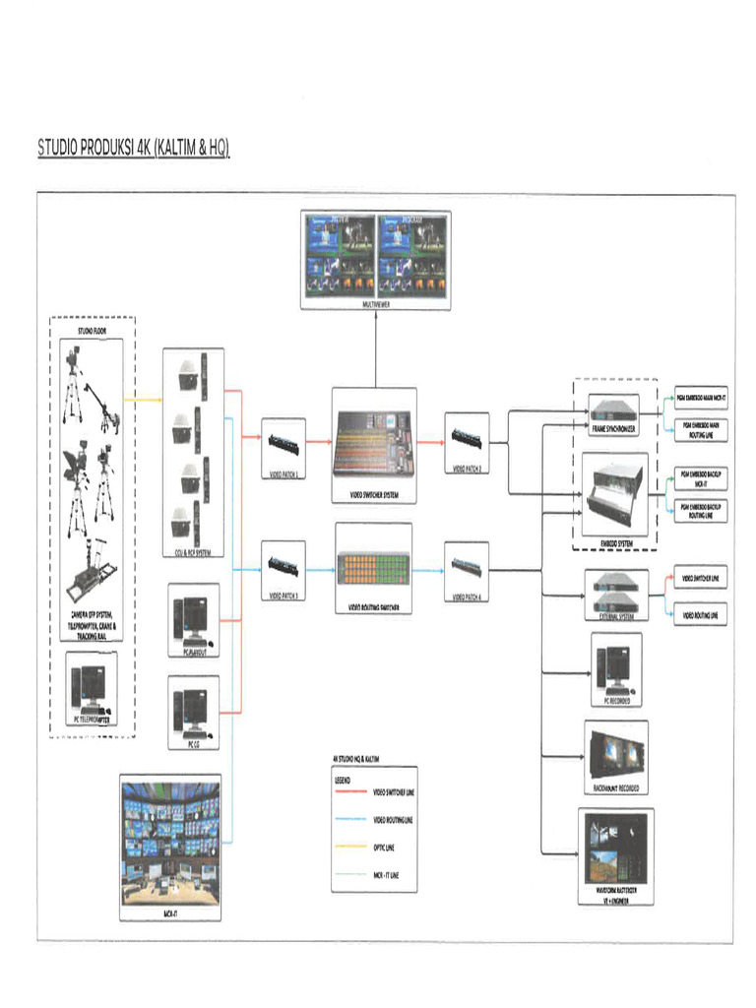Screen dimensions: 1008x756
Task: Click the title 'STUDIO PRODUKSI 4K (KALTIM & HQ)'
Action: (x=133, y=149)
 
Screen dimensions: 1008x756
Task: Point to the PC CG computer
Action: (x=192, y=710)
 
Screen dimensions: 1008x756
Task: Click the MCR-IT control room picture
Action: (x=169, y=843)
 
